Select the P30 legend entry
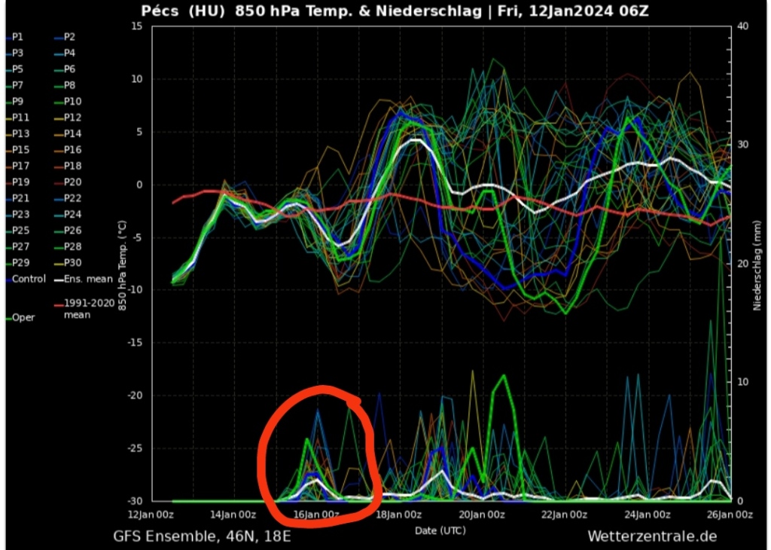click(73, 263)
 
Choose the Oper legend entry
click(23, 318)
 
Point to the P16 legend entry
click(73, 150)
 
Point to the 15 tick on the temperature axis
click(136, 26)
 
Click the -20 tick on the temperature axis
click(134, 396)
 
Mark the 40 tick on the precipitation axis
click(742, 26)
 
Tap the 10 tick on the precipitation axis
click(742, 382)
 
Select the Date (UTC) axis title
click(440, 531)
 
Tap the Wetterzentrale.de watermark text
click(651, 536)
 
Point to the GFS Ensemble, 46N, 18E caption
click(202, 536)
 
